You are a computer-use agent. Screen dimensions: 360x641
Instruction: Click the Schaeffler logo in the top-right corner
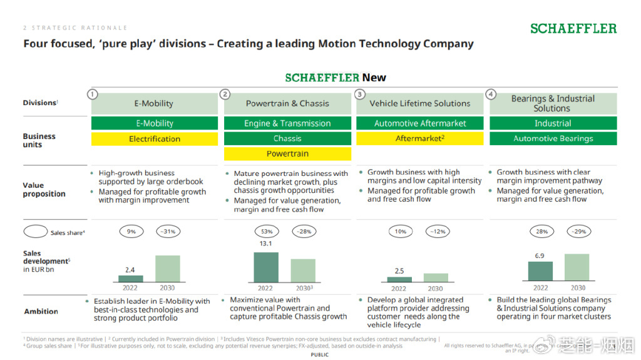click(x=573, y=28)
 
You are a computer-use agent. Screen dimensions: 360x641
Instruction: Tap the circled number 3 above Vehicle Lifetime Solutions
click(x=359, y=94)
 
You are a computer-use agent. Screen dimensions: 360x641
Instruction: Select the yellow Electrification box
click(x=155, y=139)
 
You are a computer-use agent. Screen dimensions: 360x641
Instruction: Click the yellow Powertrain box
click(x=287, y=153)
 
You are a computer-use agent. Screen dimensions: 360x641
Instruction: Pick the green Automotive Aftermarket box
click(x=420, y=123)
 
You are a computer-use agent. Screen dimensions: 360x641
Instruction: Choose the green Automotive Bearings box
click(x=553, y=138)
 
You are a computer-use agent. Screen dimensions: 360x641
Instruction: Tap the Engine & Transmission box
click(x=287, y=123)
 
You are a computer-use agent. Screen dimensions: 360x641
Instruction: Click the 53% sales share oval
click(x=267, y=232)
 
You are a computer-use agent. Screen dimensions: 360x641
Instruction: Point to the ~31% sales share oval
click(x=168, y=232)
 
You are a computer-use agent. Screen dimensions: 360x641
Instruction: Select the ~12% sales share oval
click(x=438, y=232)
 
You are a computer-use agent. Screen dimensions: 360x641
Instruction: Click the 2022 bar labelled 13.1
click(x=265, y=267)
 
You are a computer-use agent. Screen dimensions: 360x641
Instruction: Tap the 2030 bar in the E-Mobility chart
click(x=167, y=269)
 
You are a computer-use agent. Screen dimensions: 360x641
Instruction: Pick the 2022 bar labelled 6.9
click(x=540, y=271)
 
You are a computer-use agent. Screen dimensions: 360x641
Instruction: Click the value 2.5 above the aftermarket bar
click(x=399, y=271)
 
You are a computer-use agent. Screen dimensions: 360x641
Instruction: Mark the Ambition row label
click(x=41, y=311)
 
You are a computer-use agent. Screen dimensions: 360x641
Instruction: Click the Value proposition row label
click(x=44, y=190)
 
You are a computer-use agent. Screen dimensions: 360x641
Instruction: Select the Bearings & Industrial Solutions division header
click(x=553, y=103)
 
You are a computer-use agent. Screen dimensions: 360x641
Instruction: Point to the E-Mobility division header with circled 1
click(x=154, y=103)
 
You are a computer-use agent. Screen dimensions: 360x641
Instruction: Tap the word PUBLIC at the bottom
click(x=320, y=355)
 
